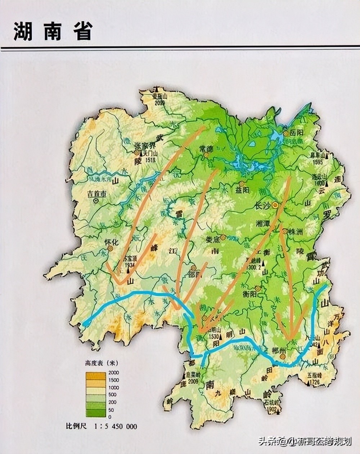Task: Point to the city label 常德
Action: (x=206, y=148)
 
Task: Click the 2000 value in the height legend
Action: (x=113, y=372)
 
